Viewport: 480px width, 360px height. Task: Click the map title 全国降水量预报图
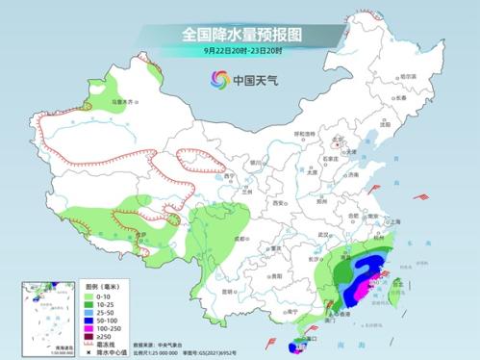pyautogui.click(x=241, y=34)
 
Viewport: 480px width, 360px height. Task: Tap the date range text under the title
pyautogui.click(x=241, y=52)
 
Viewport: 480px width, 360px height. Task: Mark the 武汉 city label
pyautogui.click(x=323, y=235)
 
